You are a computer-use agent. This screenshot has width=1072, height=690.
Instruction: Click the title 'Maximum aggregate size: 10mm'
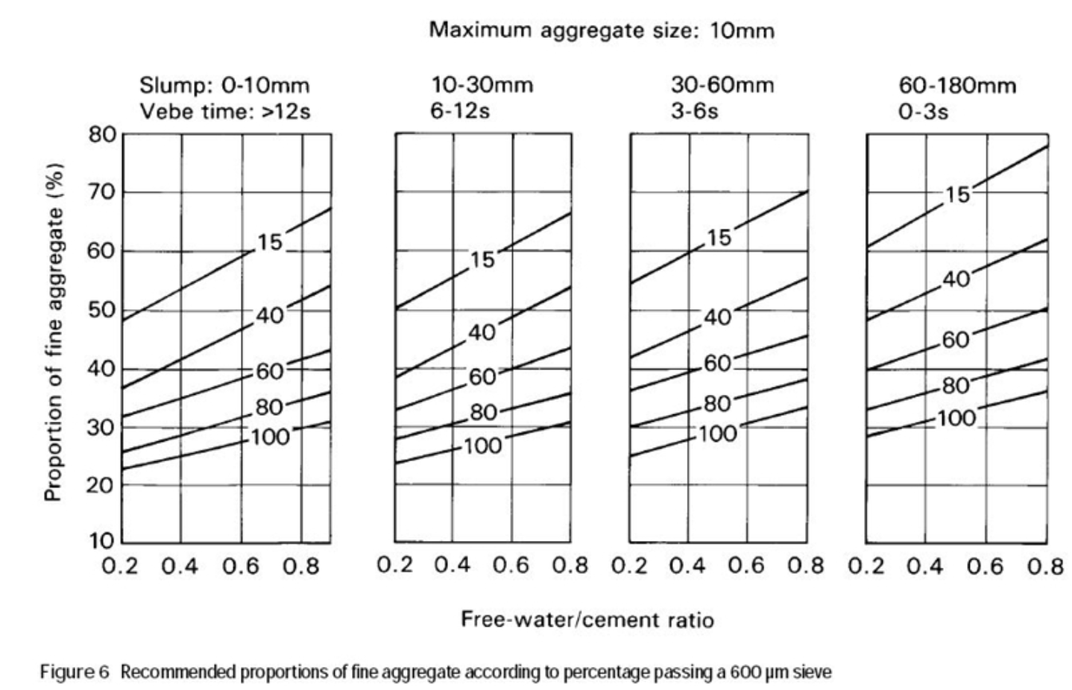(601, 31)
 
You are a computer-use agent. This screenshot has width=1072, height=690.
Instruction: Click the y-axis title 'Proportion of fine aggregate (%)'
(54, 332)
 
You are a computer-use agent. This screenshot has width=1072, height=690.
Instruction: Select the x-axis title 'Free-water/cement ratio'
(587, 619)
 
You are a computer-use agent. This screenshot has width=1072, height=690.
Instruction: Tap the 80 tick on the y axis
(103, 135)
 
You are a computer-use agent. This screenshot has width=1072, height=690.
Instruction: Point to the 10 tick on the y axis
(103, 541)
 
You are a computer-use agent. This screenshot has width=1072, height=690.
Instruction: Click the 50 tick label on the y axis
(103, 310)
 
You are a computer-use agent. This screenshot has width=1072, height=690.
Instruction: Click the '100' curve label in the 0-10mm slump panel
(270, 437)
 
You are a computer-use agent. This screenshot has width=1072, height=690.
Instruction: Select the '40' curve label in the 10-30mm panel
(482, 332)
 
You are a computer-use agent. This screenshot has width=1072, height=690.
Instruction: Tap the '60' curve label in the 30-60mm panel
(717, 364)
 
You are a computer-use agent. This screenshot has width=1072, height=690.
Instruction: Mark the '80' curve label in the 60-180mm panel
(955, 386)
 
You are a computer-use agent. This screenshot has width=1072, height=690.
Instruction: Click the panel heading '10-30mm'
(482, 85)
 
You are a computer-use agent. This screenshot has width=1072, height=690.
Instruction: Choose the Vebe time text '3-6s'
(694, 111)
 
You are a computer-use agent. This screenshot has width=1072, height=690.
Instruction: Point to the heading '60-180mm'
(956, 85)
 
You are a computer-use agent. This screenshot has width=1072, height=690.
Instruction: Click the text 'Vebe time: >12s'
(224, 111)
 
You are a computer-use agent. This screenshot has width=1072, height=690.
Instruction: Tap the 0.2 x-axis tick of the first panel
(121, 566)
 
